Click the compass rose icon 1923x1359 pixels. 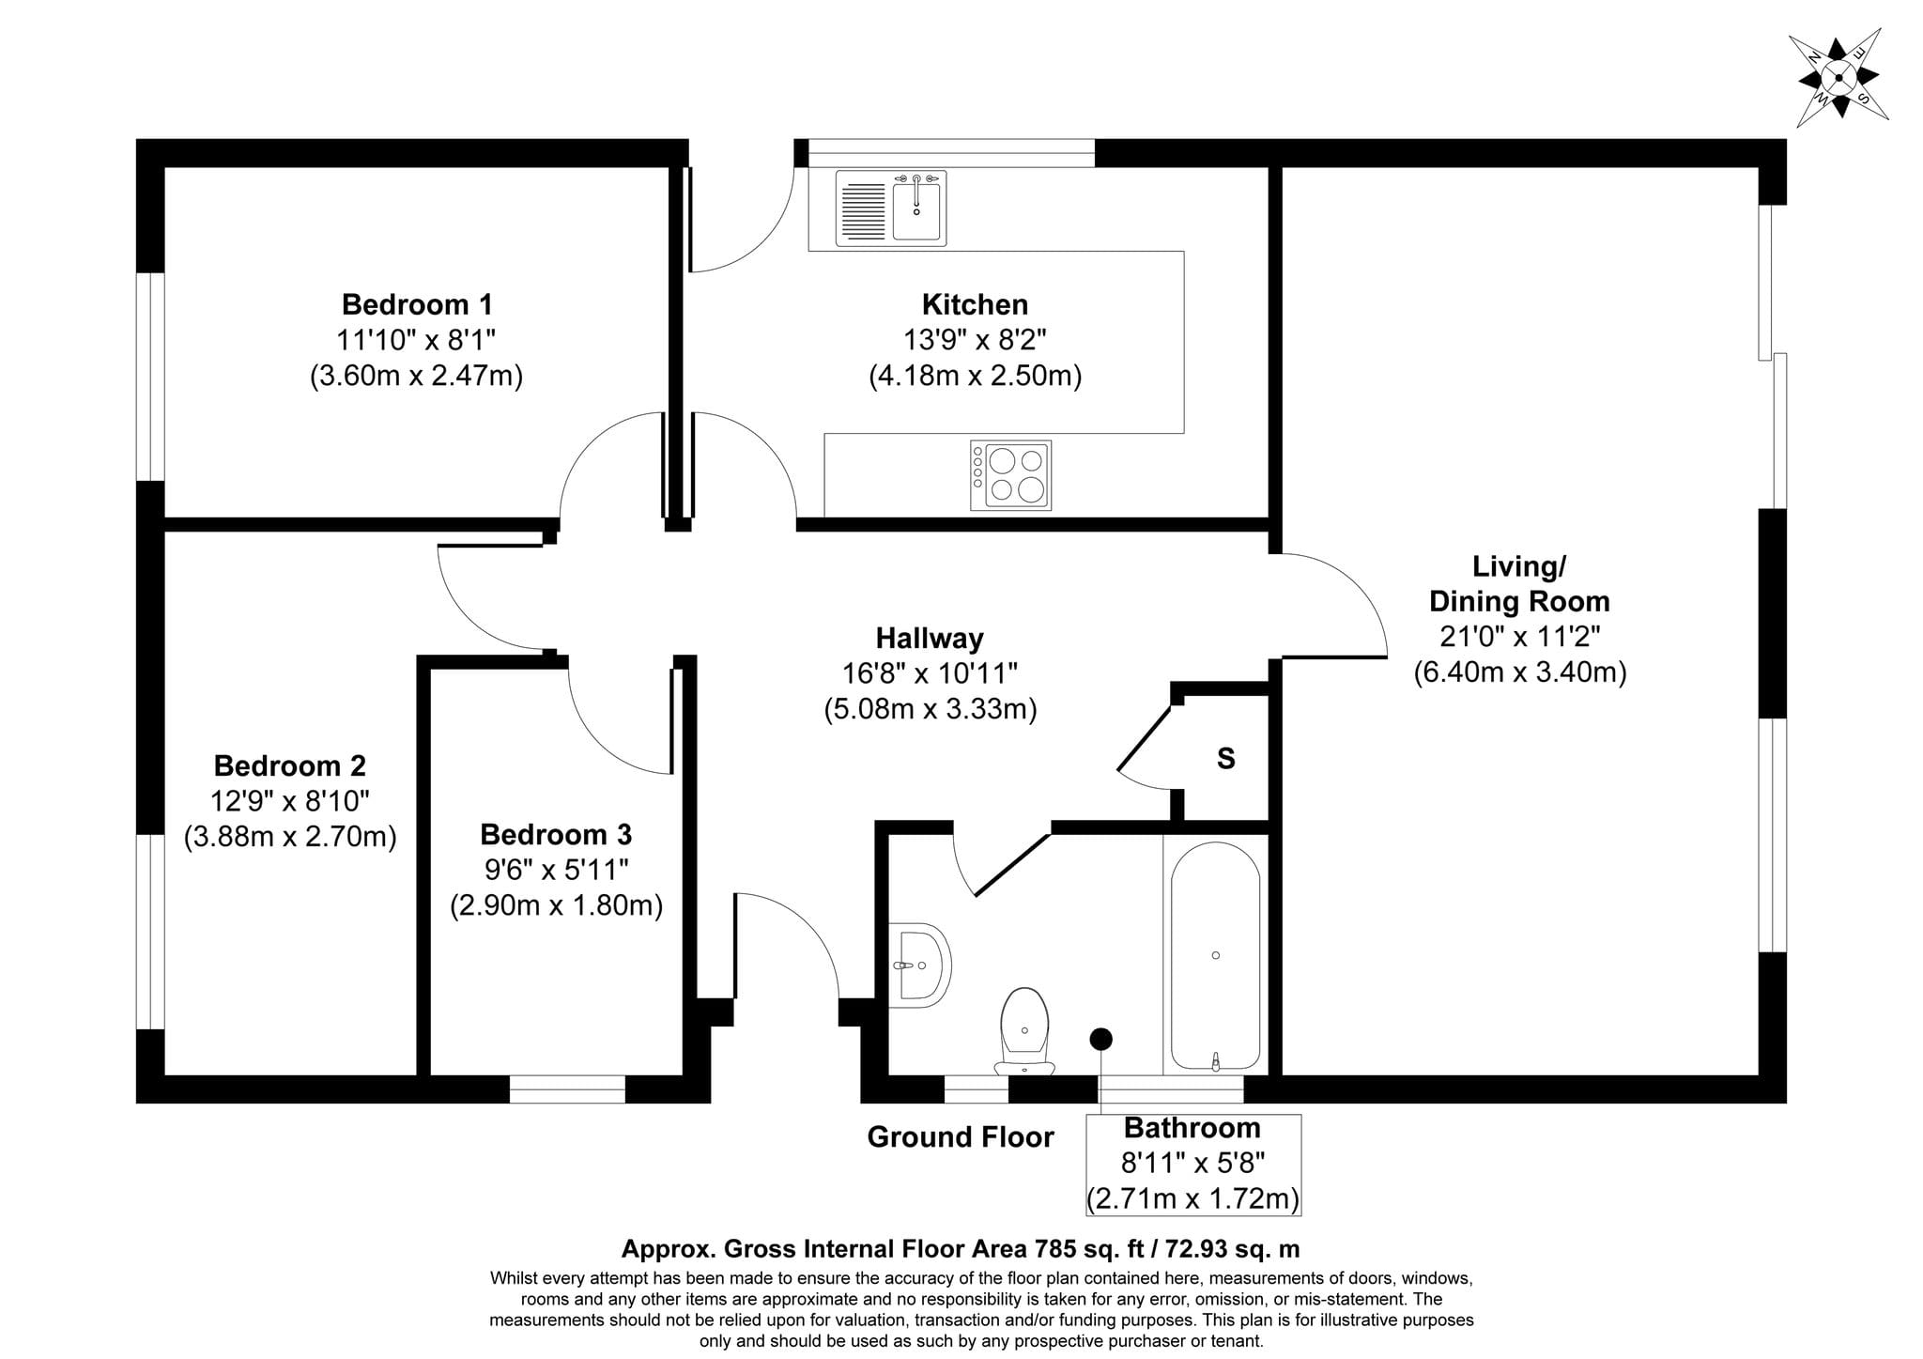[1838, 78]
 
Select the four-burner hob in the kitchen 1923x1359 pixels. [1010, 475]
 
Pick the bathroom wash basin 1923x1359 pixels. [919, 965]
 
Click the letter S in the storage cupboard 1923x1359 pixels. [1225, 759]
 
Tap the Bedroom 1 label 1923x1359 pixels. [417, 304]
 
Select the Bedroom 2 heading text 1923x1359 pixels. [290, 765]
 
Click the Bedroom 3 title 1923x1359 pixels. [556, 834]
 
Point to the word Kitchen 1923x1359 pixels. [975, 304]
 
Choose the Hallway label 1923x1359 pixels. [930, 639]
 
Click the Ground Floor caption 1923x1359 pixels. [961, 1137]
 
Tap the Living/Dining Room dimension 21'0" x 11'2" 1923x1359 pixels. [1520, 637]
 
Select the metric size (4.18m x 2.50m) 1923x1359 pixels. [975, 376]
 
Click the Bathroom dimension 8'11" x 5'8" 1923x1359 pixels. [1193, 1164]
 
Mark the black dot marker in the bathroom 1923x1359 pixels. [1100, 1039]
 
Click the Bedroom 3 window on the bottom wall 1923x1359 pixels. [567, 1089]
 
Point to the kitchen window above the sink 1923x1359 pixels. [951, 153]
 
